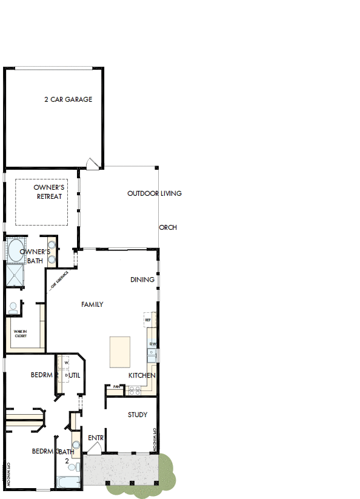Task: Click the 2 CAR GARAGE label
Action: point(68,99)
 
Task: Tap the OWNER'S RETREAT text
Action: point(49,192)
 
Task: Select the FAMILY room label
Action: point(92,304)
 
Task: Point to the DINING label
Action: point(142,280)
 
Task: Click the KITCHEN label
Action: point(142,376)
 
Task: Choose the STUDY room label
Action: point(138,415)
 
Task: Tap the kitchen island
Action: point(120,352)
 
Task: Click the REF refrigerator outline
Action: point(148,320)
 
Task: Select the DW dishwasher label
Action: point(153,344)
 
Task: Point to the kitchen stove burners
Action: point(135,390)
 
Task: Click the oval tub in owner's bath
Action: point(13,250)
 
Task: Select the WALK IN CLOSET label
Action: point(21,332)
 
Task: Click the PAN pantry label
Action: point(116,386)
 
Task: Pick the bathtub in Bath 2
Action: point(68,483)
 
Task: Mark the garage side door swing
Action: point(91,162)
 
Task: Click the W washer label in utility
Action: point(65,364)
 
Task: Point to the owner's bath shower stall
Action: point(13,275)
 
